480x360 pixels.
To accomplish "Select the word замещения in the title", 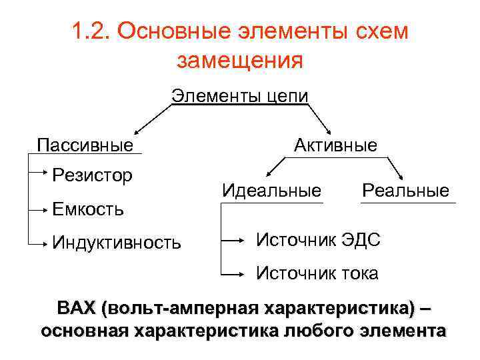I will tap(240, 61).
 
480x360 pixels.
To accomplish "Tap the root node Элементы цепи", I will tap(240, 95).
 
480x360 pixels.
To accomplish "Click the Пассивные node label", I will tap(85, 145).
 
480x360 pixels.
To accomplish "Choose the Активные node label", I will tap(336, 145).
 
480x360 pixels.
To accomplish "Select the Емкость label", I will tap(88, 209).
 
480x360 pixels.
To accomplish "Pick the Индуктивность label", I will tap(117, 242).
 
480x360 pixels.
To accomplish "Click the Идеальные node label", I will tap(271, 191).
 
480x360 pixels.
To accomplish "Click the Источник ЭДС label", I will tap(319, 239).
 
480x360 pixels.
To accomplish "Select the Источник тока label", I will tap(317, 273).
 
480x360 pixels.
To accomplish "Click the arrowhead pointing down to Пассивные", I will tap(136, 133).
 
